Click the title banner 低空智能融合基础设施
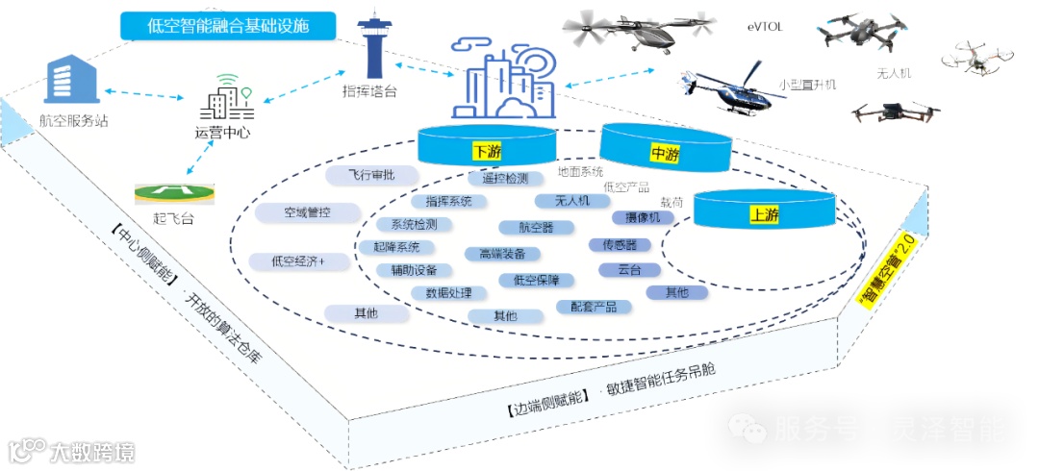228,26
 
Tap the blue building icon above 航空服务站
71,79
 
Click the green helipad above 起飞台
173,192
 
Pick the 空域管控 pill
307,212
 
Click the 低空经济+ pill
298,260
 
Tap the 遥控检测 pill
504,179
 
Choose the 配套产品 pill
594,307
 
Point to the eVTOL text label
766,27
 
